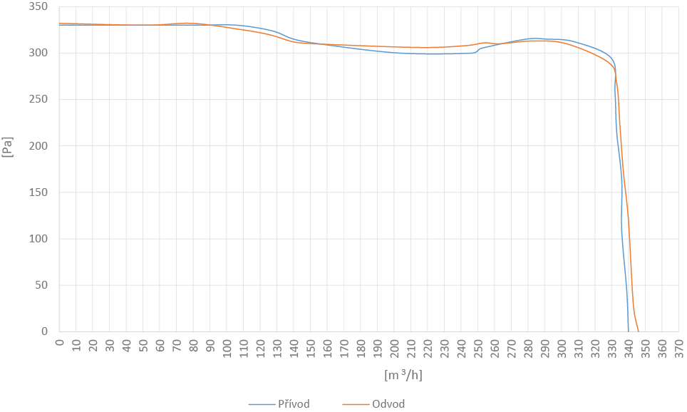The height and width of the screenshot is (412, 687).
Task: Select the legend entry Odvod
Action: point(388,404)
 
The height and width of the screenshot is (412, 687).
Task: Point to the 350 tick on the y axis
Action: point(39,7)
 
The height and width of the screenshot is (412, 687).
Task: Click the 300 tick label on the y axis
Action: point(39,53)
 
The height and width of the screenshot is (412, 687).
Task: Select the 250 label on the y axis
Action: point(39,100)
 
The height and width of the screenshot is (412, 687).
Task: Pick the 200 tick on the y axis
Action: point(39,146)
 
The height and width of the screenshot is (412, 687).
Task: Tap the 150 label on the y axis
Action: point(39,192)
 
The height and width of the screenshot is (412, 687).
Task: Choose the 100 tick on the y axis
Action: point(39,239)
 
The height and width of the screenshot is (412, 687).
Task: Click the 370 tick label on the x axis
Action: point(679,347)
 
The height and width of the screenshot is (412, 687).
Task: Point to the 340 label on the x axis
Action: point(629,347)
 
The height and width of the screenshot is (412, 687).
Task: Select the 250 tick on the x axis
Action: point(478,347)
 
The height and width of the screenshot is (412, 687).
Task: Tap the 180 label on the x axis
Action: point(361,347)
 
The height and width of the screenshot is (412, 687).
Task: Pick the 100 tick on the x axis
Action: point(227,347)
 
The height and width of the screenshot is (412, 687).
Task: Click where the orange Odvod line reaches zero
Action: point(638,331)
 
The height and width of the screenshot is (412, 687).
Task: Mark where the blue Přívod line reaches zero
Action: point(629,331)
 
